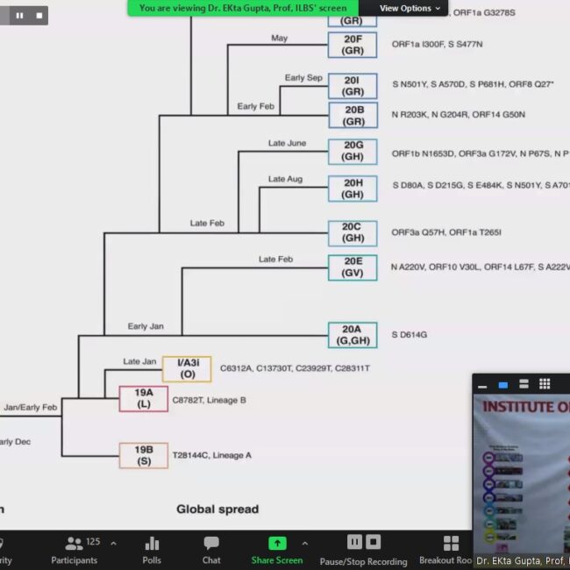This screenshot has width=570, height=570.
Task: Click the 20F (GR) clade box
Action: tap(353, 45)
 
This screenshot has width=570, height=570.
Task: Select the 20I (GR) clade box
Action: tap(353, 85)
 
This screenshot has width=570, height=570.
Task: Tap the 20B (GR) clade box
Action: tap(353, 115)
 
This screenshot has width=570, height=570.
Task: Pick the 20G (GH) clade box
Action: tap(353, 152)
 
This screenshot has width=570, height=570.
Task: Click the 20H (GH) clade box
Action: tap(353, 189)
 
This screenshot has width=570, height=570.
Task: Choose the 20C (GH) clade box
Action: tap(353, 232)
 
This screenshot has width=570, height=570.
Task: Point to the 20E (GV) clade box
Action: tap(353, 267)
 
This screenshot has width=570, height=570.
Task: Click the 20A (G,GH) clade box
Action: tap(352, 335)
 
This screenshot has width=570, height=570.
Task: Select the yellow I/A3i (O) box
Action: tap(187, 369)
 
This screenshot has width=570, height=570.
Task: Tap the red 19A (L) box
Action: tap(144, 399)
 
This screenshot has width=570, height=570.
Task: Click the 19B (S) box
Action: tap(144, 455)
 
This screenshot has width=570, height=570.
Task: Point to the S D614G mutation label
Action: tap(410, 335)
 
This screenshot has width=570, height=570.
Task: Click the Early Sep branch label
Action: tap(303, 78)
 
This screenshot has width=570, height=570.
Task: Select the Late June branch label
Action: tap(287, 143)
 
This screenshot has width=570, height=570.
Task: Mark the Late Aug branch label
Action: tap(285, 179)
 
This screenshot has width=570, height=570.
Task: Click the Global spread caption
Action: tap(217, 509)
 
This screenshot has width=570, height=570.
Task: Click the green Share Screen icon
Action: tap(277, 543)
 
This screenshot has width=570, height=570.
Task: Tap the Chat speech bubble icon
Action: tap(211, 543)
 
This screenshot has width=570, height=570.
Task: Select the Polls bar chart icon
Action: tap(152, 543)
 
